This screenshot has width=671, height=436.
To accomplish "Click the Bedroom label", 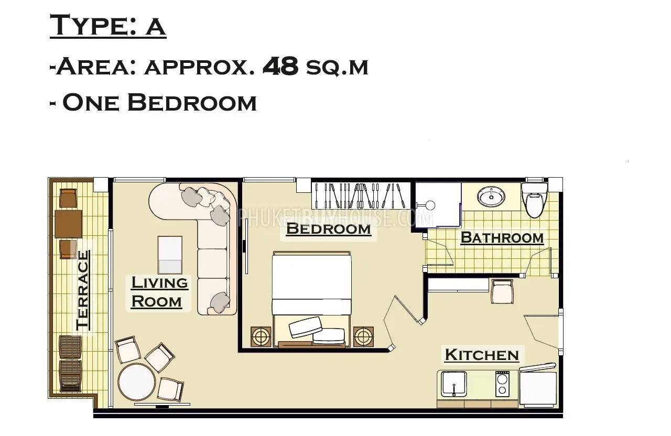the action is [329, 229].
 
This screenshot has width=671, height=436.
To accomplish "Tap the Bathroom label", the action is [502, 238].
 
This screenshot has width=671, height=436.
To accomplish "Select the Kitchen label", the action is [482, 355].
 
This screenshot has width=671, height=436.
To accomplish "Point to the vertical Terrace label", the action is [82, 290].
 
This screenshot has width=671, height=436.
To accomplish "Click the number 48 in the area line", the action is [280, 66].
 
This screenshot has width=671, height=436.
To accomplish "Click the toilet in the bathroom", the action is [535, 199].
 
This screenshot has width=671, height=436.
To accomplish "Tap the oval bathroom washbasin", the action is [491, 197].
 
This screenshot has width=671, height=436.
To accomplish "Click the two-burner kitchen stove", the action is [502, 384].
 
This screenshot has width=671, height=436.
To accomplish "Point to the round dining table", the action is [137, 381].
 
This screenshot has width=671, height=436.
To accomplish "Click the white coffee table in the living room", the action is [170, 255].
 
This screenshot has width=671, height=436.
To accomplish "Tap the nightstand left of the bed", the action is [261, 336].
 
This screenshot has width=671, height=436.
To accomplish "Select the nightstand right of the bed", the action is [363, 336].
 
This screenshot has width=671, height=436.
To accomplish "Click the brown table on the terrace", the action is [68, 224].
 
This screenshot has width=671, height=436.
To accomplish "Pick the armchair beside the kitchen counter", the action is [502, 291].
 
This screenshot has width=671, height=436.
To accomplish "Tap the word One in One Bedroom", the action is [91, 103].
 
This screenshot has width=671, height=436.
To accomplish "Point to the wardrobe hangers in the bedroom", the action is [361, 195].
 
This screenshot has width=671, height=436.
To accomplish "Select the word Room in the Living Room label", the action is [157, 301].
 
